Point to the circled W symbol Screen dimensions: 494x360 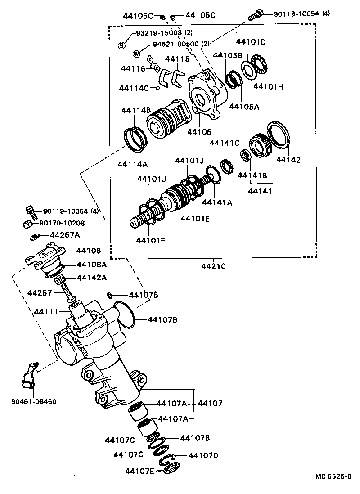click(x=136, y=54)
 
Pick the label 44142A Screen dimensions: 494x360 click(x=91, y=278)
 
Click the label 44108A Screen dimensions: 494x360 click(x=91, y=264)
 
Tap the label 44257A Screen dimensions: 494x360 click(x=65, y=235)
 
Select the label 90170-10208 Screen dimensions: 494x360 click(x=62, y=223)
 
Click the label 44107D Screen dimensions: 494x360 click(x=203, y=455)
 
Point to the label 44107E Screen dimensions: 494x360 click(x=140, y=471)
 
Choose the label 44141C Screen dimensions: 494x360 click(x=225, y=143)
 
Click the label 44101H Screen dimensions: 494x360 click(x=268, y=86)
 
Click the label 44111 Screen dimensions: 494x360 click(x=46, y=311)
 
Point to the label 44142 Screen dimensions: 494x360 click(x=288, y=159)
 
